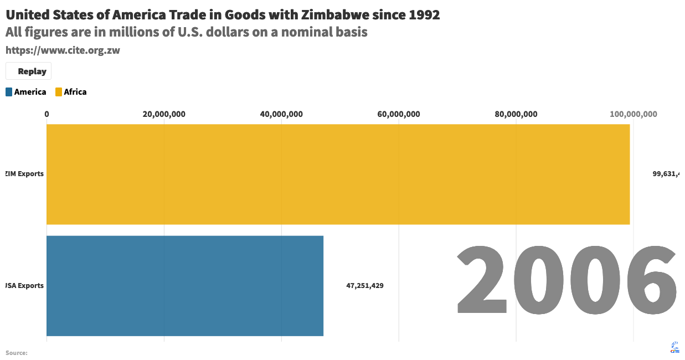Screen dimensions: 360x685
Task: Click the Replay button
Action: (x=29, y=71)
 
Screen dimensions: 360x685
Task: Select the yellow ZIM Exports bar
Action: (x=338, y=174)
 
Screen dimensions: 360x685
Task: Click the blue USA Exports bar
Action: (x=184, y=286)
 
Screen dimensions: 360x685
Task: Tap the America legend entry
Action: (x=26, y=92)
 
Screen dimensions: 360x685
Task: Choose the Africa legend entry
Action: (x=71, y=92)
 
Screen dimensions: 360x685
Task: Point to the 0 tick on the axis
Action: (x=47, y=115)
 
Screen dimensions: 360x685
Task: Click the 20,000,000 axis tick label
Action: (x=164, y=115)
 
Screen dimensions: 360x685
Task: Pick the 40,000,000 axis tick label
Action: (x=281, y=115)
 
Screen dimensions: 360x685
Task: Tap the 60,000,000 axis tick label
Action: (x=399, y=115)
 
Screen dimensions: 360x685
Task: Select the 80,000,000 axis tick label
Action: (x=516, y=115)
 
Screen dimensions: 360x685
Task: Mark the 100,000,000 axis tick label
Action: (x=634, y=115)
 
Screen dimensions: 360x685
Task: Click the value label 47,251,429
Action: (x=365, y=286)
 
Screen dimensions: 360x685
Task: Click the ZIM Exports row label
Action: (x=24, y=174)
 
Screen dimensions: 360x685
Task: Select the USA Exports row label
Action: (x=24, y=286)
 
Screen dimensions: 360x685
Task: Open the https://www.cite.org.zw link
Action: (x=63, y=50)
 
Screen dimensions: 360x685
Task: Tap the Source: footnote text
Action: (x=17, y=353)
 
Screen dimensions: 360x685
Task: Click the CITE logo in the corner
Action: (x=675, y=347)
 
